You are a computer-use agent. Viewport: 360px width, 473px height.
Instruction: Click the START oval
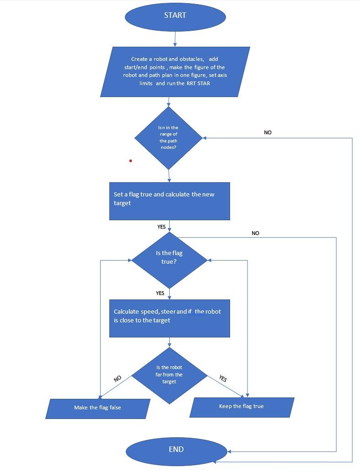(175, 16)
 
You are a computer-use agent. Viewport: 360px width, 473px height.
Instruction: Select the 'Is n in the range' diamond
(168, 138)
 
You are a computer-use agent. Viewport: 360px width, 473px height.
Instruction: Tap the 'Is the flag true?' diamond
(169, 260)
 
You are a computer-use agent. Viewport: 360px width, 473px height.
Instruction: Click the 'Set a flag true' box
(169, 201)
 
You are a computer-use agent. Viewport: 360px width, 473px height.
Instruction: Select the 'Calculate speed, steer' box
(169, 318)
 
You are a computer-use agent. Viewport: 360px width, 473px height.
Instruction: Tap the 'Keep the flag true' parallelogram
(242, 406)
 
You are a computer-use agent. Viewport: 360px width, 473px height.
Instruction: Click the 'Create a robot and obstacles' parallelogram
(174, 71)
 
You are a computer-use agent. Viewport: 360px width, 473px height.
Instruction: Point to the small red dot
(130, 161)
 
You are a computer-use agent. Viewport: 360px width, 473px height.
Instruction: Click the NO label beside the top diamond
(268, 132)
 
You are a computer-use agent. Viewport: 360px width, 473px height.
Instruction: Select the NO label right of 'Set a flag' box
(255, 233)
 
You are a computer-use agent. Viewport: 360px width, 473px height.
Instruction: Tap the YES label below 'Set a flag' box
(161, 227)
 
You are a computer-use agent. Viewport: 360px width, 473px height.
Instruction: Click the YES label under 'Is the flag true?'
(160, 293)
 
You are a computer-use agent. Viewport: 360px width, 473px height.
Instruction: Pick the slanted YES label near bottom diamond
(223, 379)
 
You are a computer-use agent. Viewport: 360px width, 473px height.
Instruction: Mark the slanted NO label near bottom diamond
(117, 379)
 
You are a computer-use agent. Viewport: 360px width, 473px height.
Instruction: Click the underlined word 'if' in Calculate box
(190, 311)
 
